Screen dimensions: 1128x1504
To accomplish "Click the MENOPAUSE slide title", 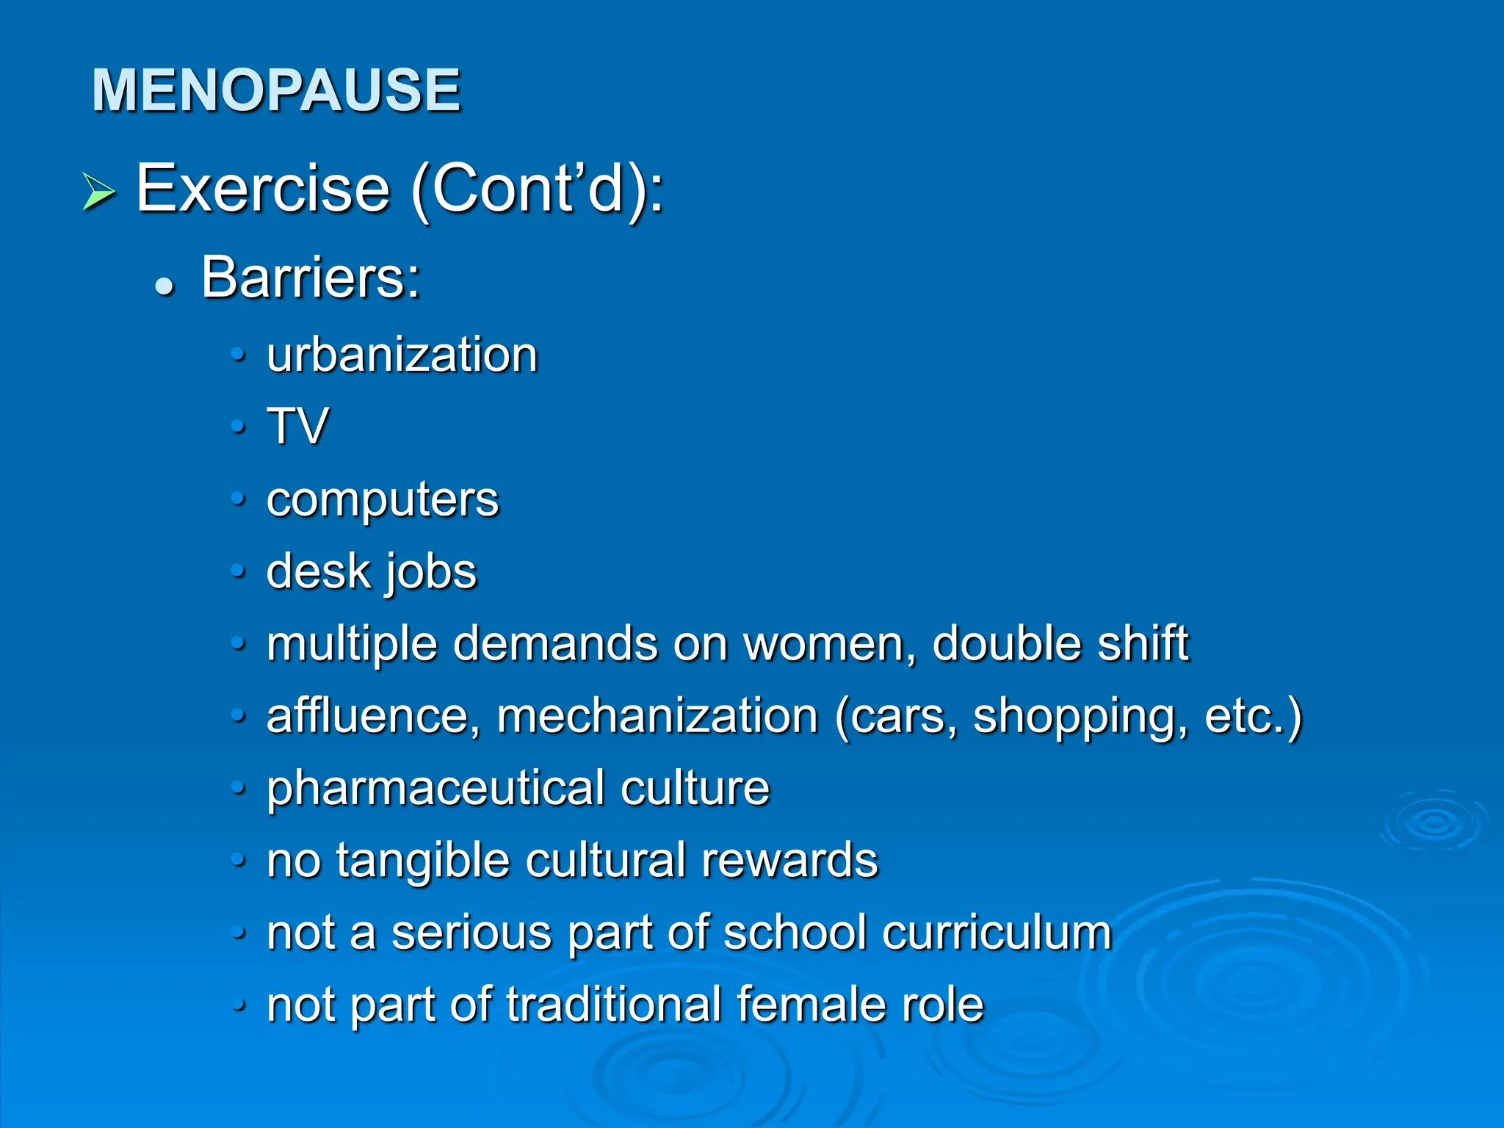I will click(275, 90).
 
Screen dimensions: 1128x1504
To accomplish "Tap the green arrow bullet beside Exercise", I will click(98, 192).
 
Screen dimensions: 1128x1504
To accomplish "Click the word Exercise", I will click(262, 189).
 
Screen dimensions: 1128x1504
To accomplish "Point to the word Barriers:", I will click(311, 278).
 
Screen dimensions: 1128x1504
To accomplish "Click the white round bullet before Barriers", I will click(164, 286).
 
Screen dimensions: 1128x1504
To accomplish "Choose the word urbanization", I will click(402, 355).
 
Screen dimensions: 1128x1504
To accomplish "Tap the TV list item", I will click(297, 426).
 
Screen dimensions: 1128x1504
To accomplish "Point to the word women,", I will click(830, 644).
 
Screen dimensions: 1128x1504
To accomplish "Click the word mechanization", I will click(657, 716).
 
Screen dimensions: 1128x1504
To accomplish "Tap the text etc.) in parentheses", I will click(1253, 716).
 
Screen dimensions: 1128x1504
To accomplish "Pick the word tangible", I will click(423, 861).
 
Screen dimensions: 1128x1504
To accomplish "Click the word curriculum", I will click(997, 933).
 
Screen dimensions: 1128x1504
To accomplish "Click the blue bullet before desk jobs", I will click(237, 571).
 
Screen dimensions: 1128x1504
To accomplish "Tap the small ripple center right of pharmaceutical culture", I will click(1433, 822).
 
